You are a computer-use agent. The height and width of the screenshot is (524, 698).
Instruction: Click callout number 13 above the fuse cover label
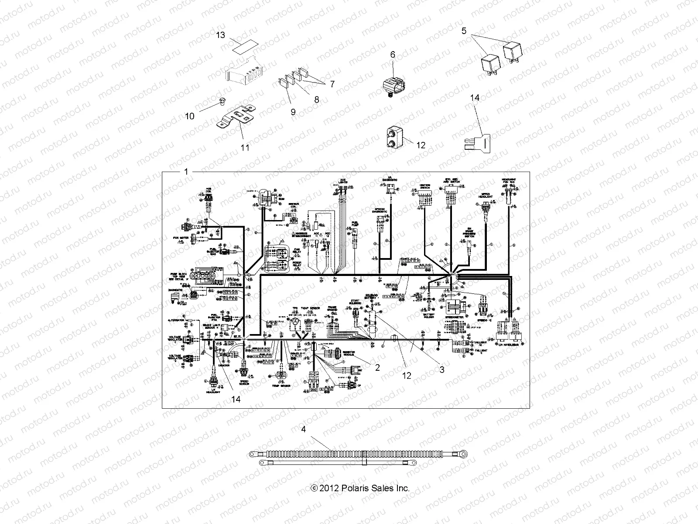(221, 35)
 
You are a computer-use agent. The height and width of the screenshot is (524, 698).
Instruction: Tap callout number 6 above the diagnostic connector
(392, 55)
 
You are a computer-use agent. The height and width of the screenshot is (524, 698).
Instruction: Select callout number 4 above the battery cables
(304, 429)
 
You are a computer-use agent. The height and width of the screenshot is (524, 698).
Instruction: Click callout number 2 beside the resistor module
(377, 368)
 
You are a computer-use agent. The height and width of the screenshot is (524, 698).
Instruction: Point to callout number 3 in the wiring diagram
(441, 370)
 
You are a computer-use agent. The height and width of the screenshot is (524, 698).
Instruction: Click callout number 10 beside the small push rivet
(189, 116)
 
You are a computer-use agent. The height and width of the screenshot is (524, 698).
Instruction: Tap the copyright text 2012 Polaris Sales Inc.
(360, 488)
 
